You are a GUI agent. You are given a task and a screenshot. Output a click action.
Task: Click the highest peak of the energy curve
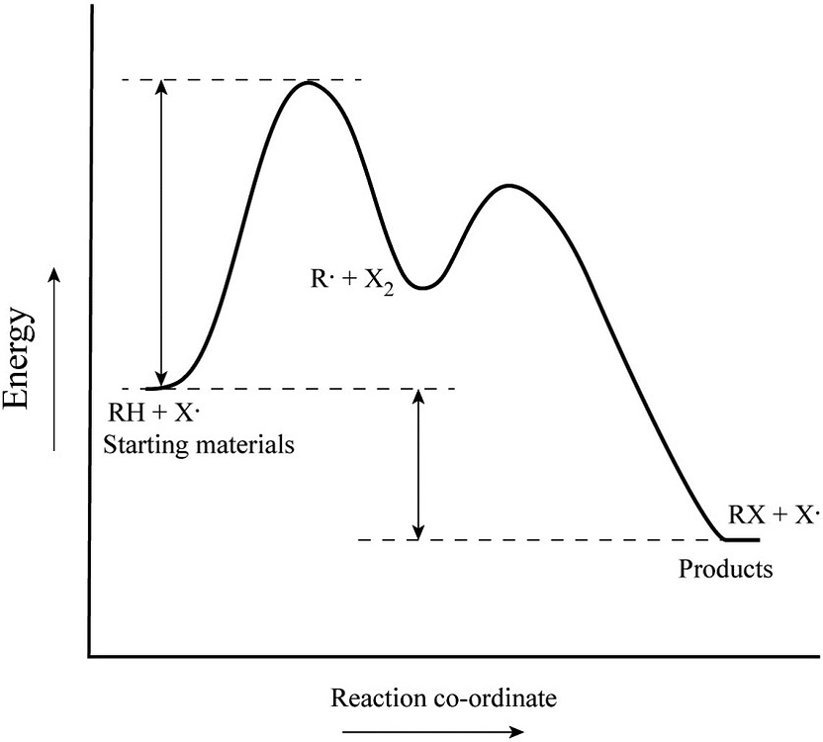308,83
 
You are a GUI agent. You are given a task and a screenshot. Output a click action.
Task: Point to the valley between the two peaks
422,287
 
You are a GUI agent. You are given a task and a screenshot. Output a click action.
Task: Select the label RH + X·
160,416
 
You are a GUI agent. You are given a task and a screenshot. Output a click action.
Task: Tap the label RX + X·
775,514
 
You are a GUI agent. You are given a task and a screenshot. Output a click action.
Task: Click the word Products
725,570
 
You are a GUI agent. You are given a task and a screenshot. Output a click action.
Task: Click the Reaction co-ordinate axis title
443,698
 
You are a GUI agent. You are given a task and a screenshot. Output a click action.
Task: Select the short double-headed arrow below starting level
418,464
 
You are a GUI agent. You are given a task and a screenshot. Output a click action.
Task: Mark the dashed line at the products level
534,540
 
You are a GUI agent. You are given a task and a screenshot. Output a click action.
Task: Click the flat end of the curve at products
742,540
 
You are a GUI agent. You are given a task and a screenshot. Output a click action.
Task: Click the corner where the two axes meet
90,656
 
